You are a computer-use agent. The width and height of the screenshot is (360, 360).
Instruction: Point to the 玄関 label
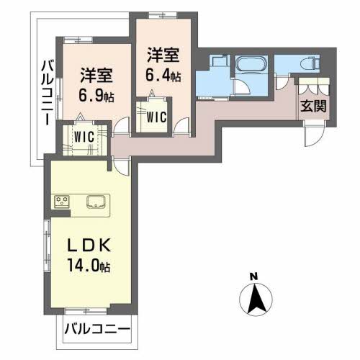point(313,107)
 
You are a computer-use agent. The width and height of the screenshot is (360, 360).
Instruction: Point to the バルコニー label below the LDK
point(96,330)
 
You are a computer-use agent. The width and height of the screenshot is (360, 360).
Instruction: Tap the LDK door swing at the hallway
point(121,165)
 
